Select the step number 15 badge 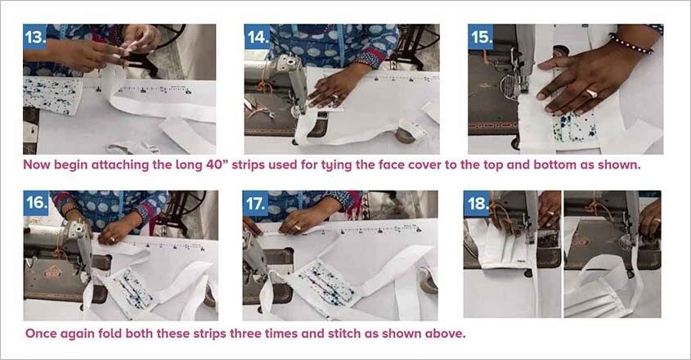tap(482, 38)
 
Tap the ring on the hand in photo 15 tap(590, 93)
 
